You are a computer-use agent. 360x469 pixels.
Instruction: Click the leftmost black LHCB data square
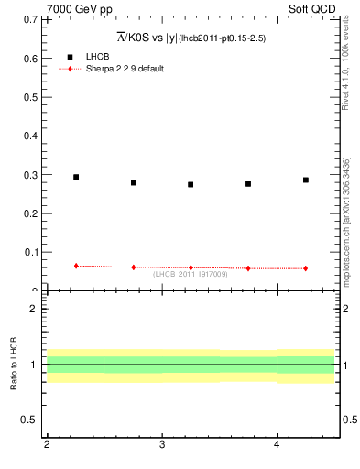(76, 177)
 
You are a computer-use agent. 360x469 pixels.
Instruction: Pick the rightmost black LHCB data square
(306, 180)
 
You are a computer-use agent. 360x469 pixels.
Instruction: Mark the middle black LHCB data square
(191, 184)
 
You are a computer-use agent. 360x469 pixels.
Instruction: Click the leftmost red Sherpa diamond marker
(76, 266)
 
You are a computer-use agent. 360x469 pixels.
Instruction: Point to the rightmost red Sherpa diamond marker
(306, 268)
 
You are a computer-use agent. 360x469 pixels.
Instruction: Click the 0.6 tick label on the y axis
(28, 59)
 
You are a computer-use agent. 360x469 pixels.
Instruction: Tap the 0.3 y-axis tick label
(28, 175)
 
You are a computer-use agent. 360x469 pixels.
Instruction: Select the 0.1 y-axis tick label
(28, 252)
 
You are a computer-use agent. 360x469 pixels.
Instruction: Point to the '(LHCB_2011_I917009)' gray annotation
(191, 274)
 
